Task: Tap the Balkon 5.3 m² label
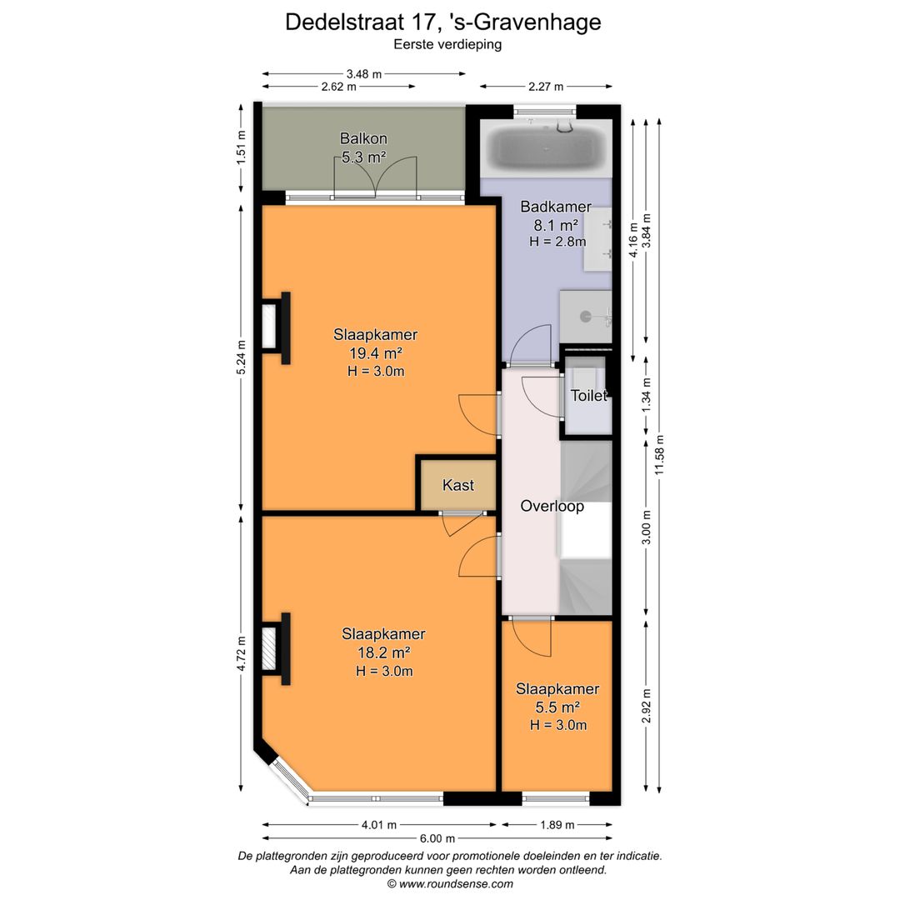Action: pyautogui.click(x=363, y=147)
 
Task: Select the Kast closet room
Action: pyautogui.click(x=457, y=484)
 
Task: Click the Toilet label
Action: pyautogui.click(x=588, y=396)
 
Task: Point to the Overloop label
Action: pyautogui.click(x=552, y=506)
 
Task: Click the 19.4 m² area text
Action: pyautogui.click(x=375, y=353)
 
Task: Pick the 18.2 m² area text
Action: pyautogui.click(x=383, y=652)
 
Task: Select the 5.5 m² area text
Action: pyautogui.click(x=557, y=707)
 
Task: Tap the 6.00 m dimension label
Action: pyautogui.click(x=437, y=838)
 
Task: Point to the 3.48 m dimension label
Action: pyautogui.click(x=363, y=73)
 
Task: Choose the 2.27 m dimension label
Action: pyautogui.click(x=545, y=86)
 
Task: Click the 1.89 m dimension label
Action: pyautogui.click(x=557, y=825)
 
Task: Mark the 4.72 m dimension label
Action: pyautogui.click(x=242, y=654)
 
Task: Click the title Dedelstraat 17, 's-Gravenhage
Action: pyautogui.click(x=442, y=22)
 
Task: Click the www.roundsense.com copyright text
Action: pyautogui.click(x=450, y=883)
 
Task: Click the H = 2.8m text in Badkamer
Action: pyautogui.click(x=557, y=242)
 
